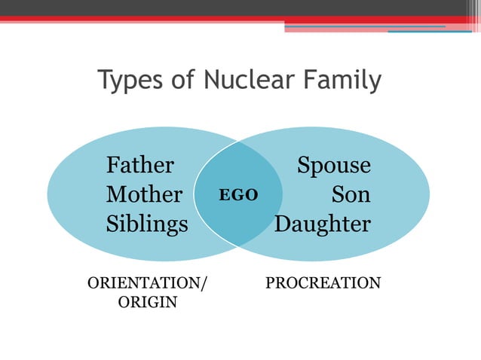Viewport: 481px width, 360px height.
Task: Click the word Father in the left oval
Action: tap(140, 165)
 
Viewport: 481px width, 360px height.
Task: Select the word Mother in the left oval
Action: tap(144, 195)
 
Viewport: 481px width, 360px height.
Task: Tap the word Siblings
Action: tap(147, 224)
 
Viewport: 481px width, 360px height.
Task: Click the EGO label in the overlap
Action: tap(238, 195)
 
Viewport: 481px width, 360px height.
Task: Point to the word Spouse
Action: tap(334, 166)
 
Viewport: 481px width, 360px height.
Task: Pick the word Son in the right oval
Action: tap(351, 195)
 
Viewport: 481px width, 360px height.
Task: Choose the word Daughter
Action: tap(323, 224)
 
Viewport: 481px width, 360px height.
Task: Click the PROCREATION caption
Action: tap(323, 283)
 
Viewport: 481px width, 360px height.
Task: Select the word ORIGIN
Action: tap(148, 303)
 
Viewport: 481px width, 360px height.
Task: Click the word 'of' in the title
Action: tap(182, 79)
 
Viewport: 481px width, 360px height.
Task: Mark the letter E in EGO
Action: tap(224, 195)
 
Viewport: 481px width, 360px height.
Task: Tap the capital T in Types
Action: tap(106, 79)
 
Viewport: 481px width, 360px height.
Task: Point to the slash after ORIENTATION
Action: tap(204, 284)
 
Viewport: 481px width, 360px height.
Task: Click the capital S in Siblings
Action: tap(112, 224)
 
